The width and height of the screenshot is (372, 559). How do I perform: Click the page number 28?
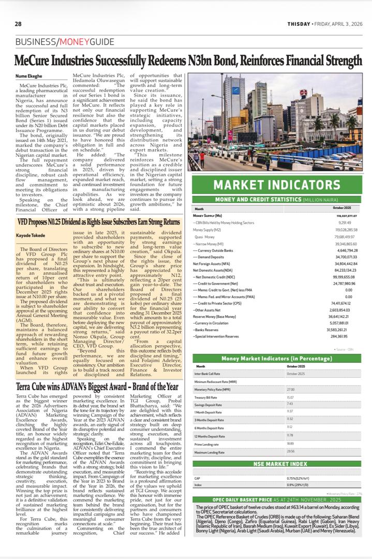pyautogui.click(x=18, y=24)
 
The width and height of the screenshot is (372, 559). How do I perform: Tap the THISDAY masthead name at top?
pyautogui.click(x=300, y=24)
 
